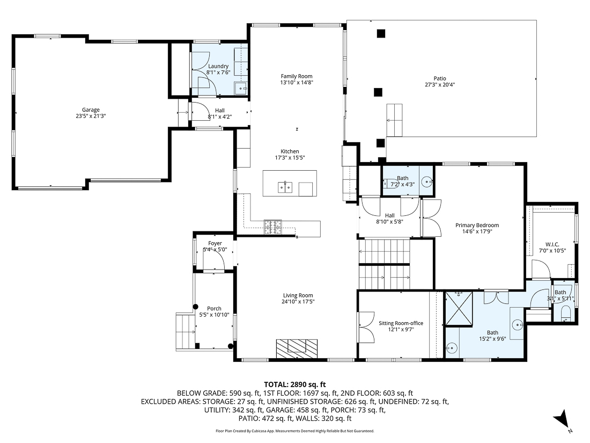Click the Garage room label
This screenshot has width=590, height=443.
[91, 110]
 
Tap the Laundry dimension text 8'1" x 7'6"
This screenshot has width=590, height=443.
[218, 73]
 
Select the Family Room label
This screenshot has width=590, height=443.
[296, 76]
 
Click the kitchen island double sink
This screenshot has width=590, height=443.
[284, 187]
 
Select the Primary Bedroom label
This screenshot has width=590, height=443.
[477, 225]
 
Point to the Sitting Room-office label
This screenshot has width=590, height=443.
[401, 323]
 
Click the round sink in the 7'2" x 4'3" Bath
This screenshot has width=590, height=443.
[427, 183]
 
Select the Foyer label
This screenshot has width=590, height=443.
[215, 243]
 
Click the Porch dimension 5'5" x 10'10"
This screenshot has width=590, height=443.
[214, 315]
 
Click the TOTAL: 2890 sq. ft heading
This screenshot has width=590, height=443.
[295, 384]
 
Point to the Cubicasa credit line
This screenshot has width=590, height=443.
[294, 431]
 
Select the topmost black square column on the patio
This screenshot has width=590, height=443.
[381, 33]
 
